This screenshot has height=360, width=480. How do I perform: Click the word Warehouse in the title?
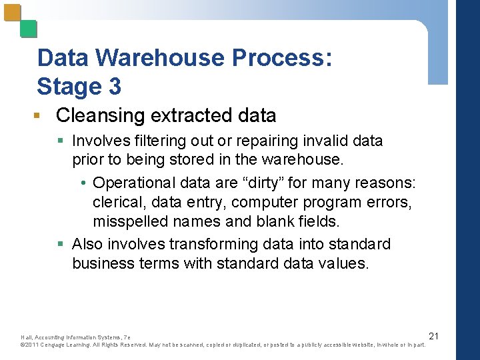tap(160, 58)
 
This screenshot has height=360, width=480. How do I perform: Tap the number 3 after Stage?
tap(115, 87)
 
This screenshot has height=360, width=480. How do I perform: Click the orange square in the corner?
tap(11, 13)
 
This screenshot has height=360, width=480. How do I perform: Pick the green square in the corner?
tap(28, 29)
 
